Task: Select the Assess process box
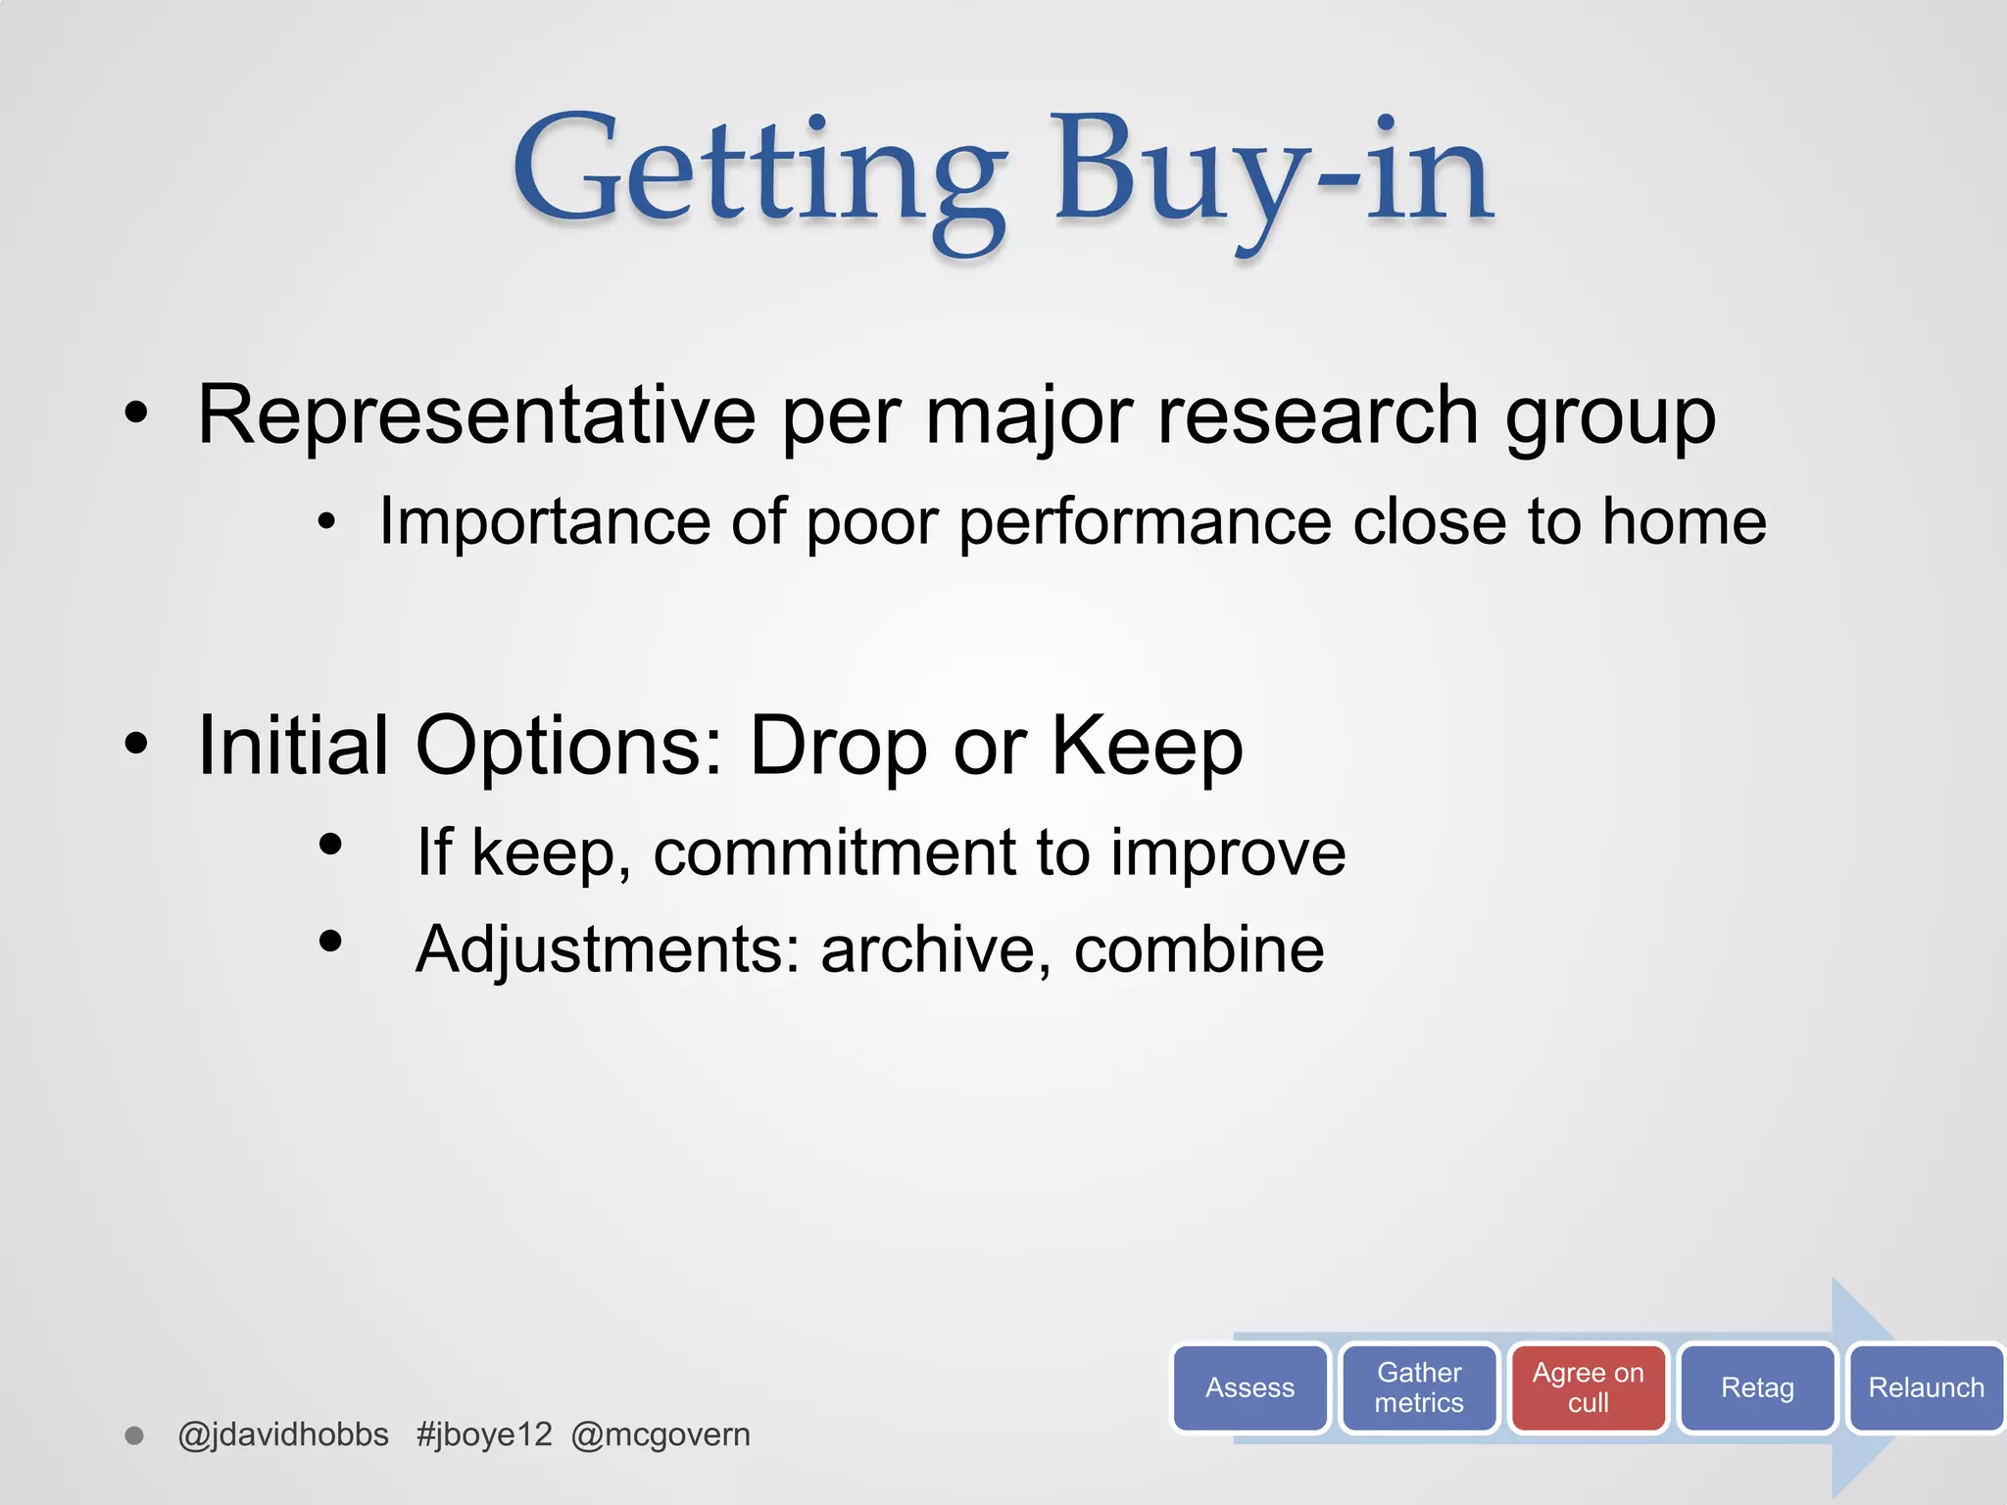(1249, 1387)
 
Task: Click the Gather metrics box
(1418, 1387)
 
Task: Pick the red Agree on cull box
(1588, 1387)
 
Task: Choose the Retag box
(1757, 1387)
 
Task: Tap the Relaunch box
(1926, 1387)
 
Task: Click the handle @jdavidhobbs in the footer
(283, 1434)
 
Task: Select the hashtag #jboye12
(484, 1434)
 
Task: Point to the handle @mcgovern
(661, 1434)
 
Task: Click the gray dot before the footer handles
(135, 1435)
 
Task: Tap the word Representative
(476, 415)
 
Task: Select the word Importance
(544, 521)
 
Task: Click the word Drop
(838, 747)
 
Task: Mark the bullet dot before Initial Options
(136, 745)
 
